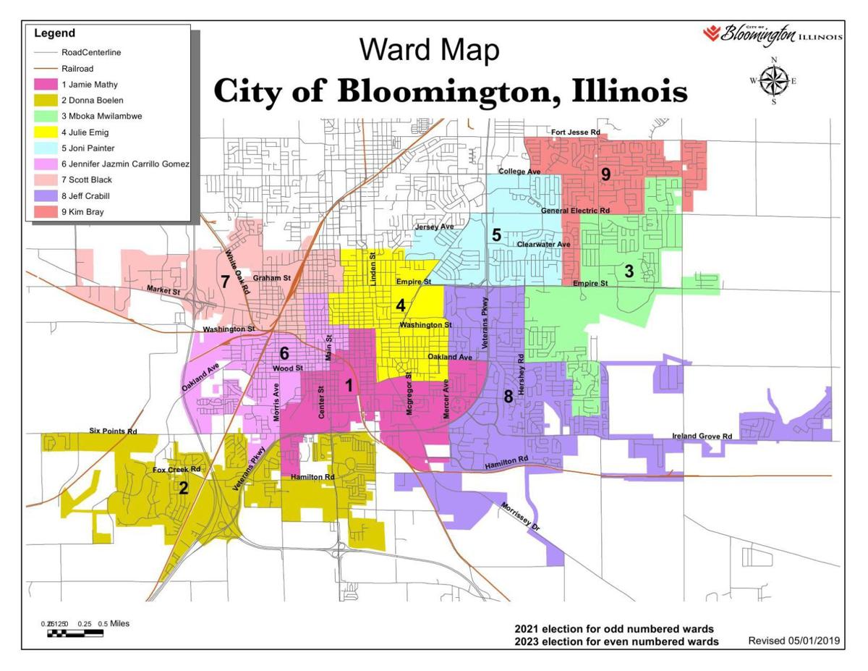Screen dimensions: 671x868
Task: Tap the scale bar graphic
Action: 75,633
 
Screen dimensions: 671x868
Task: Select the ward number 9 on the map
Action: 605,174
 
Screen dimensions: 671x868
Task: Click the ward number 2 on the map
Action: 184,488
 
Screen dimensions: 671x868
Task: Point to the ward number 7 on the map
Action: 225,282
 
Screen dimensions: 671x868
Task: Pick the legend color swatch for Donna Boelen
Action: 46,100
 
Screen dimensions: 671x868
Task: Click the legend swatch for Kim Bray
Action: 46,212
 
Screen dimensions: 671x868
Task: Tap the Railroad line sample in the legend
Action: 46,68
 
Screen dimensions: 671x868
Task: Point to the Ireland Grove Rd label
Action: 702,436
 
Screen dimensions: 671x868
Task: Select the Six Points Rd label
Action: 113,431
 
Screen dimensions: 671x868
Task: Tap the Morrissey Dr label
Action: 520,517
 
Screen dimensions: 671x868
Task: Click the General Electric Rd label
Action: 576,210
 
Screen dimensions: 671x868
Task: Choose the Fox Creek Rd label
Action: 176,470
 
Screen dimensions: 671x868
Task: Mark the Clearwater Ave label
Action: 543,245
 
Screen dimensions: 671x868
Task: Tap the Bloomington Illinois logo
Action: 772,34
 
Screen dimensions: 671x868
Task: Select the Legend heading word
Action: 54,33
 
